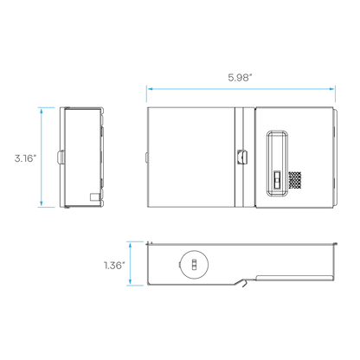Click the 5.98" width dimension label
coord(240,77)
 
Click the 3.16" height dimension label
coord(26,158)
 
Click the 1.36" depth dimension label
coord(114,265)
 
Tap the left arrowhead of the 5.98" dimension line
coord(150,89)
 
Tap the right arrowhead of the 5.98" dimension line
coord(331,89)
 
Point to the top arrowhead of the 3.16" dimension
coord(42,111)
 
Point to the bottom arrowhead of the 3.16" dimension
coord(42,203)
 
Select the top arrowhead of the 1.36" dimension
coord(131,246)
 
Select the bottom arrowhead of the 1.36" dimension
coord(131,282)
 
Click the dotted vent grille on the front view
coord(295,180)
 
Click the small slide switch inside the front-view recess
coord(277,180)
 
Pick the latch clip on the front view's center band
coord(242,157)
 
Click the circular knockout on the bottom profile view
coord(195,265)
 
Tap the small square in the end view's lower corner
coord(94,197)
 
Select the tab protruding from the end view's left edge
coord(60,157)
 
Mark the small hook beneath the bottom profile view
coord(244,284)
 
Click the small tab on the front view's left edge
coord(146,157)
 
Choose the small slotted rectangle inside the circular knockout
coord(194,265)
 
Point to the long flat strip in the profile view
coord(295,278)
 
